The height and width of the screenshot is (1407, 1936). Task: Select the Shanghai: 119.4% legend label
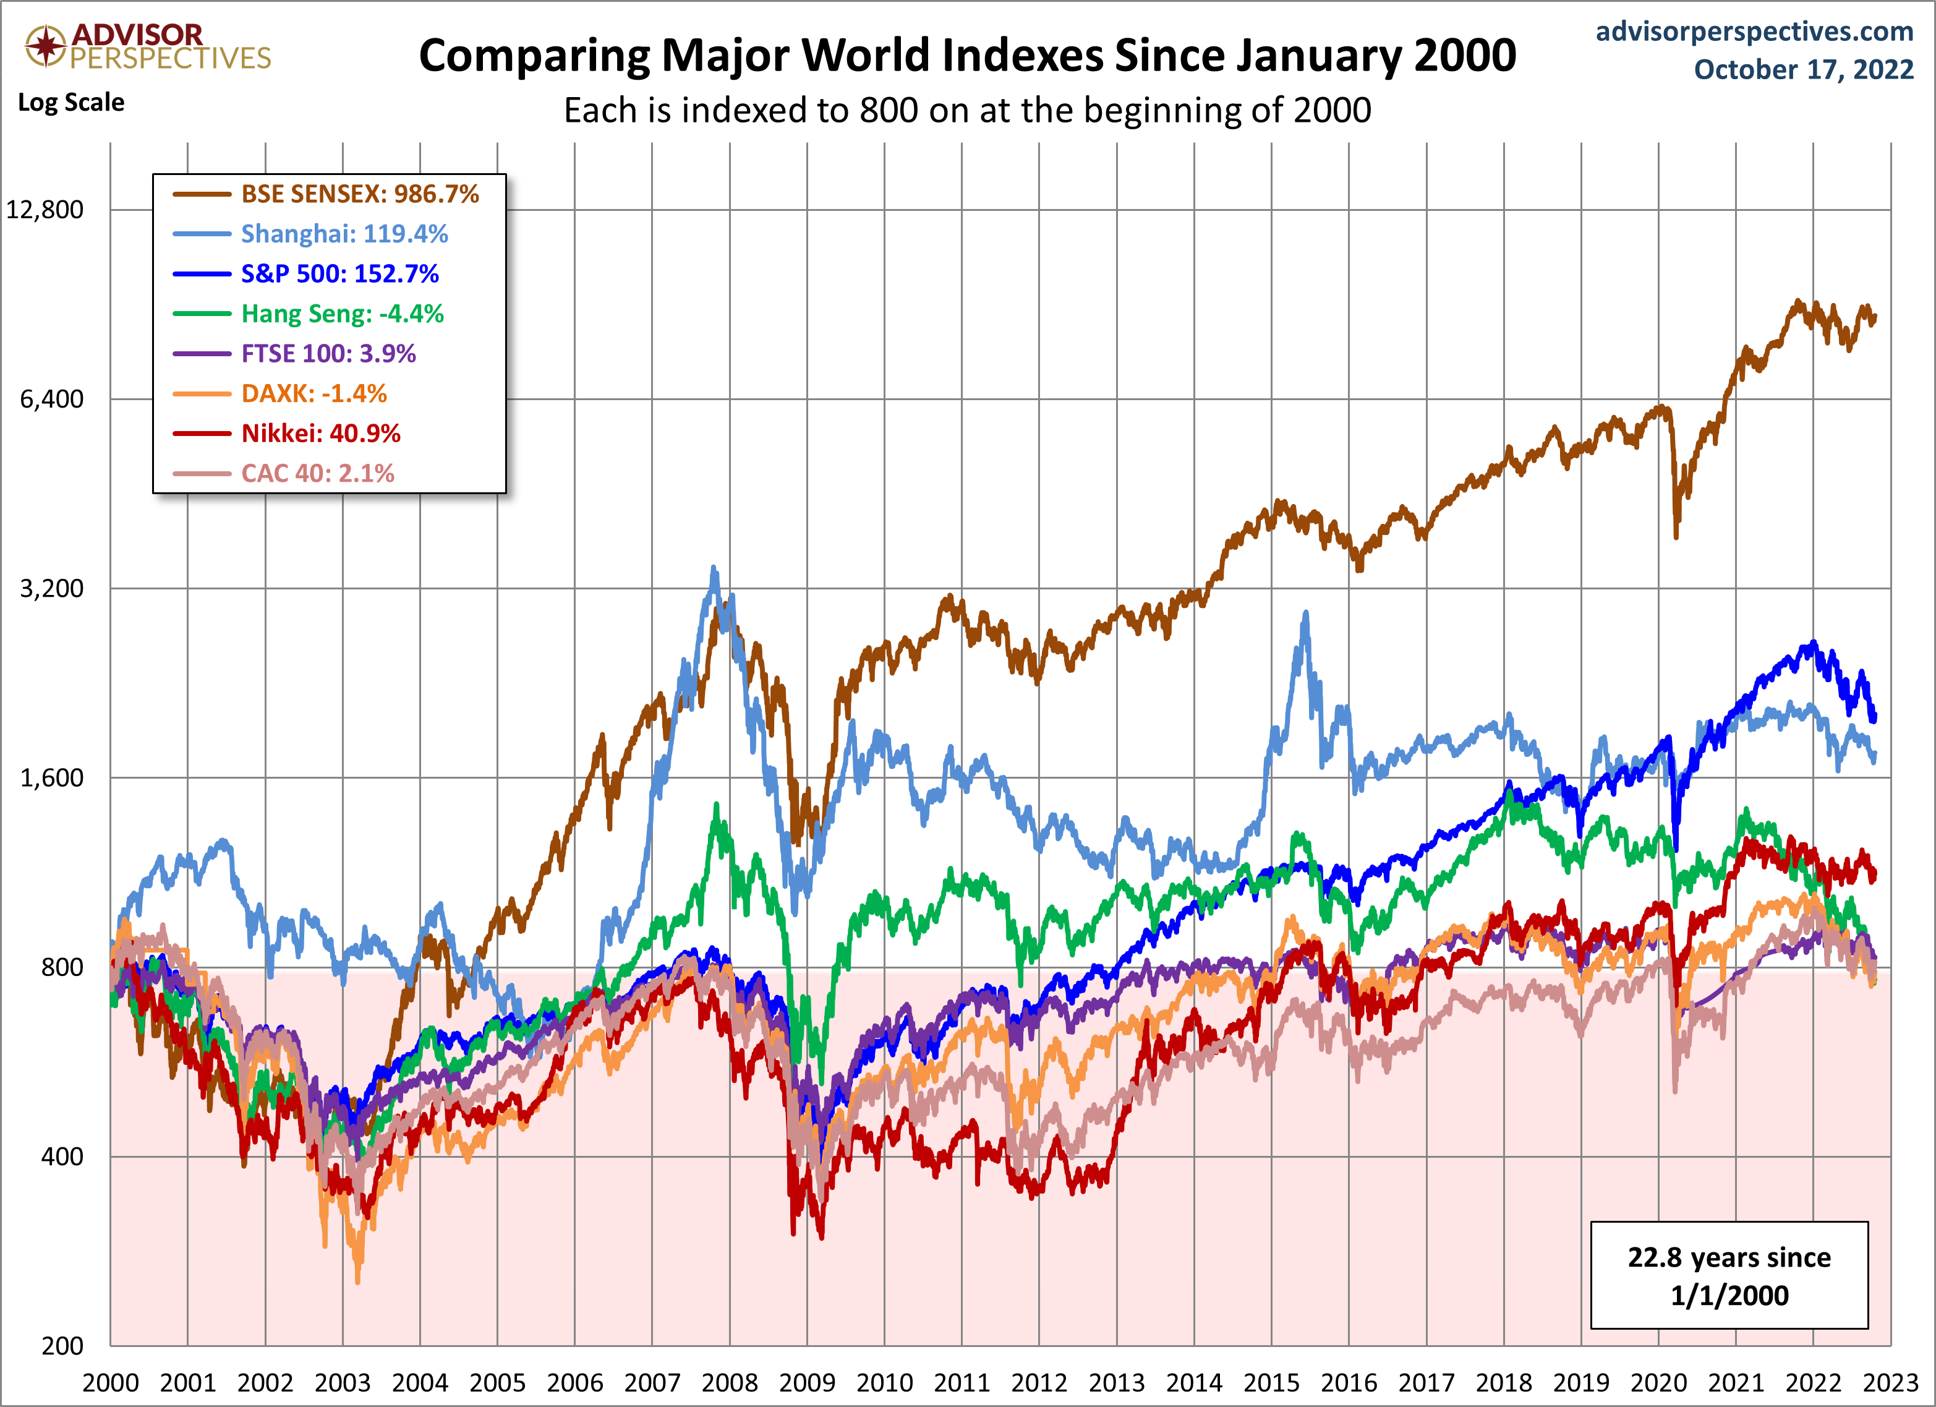coord(344,234)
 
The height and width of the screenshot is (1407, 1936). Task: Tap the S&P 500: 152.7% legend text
coord(339,274)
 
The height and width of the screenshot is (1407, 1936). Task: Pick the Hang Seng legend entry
coord(343,314)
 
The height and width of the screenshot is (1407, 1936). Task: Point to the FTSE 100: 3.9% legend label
coord(328,354)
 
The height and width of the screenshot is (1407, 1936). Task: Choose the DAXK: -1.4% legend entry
coord(314,393)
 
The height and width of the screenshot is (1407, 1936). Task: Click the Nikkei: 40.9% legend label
coord(321,434)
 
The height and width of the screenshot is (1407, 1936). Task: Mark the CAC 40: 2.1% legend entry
coord(318,474)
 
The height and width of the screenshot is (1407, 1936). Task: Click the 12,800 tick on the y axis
coord(45,210)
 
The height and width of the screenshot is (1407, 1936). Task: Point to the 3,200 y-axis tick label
coord(52,588)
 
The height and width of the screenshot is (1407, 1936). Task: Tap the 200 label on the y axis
coord(62,1346)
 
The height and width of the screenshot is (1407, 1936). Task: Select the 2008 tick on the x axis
coord(730,1383)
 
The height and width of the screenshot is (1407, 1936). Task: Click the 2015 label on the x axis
coord(1271,1383)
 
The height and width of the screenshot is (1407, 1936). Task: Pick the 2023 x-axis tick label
coord(1891,1383)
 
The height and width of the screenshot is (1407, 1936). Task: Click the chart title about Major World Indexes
coord(967,56)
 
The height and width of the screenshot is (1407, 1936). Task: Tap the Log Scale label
coord(71,103)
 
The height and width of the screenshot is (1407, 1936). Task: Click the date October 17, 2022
coord(1804,69)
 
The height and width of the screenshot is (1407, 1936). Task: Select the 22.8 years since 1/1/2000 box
coord(1729,1275)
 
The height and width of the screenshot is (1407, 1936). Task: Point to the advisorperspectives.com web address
coord(1754,32)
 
